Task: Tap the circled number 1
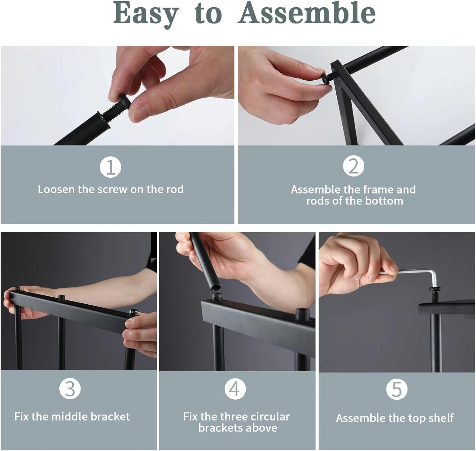110,167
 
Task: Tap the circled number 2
354,166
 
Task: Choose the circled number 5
397,389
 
